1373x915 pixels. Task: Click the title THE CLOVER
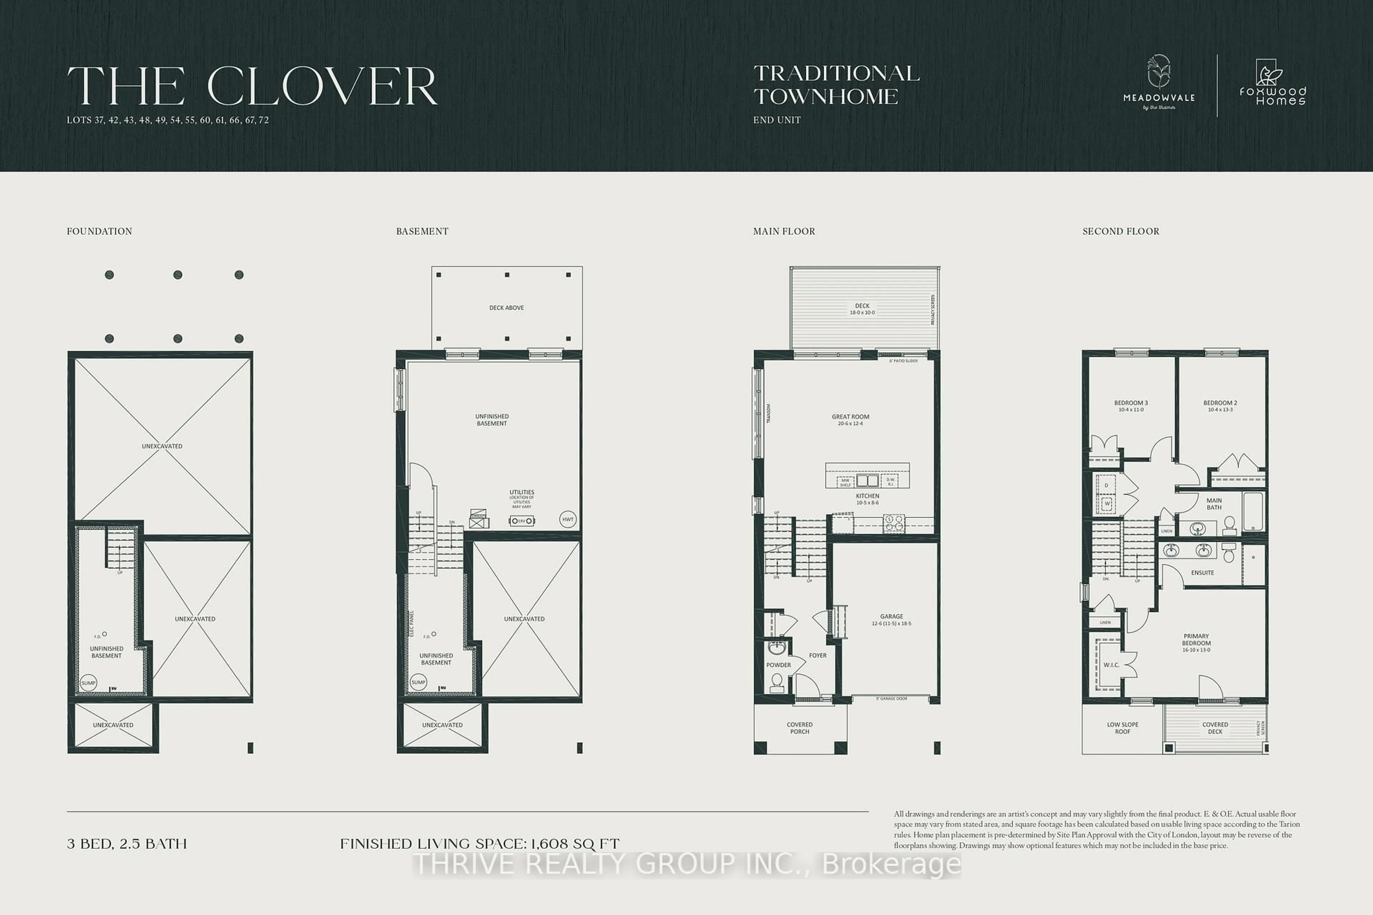coord(252,86)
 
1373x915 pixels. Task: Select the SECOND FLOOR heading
coord(1121,231)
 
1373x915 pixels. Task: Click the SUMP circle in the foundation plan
coord(88,683)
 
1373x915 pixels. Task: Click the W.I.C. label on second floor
coord(1111,665)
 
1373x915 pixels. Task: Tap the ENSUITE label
coord(1202,573)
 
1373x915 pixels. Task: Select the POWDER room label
coord(778,665)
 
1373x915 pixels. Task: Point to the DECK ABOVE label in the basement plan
coord(506,307)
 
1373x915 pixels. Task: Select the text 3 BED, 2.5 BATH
coord(127,844)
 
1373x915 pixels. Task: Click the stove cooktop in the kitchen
coord(893,523)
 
